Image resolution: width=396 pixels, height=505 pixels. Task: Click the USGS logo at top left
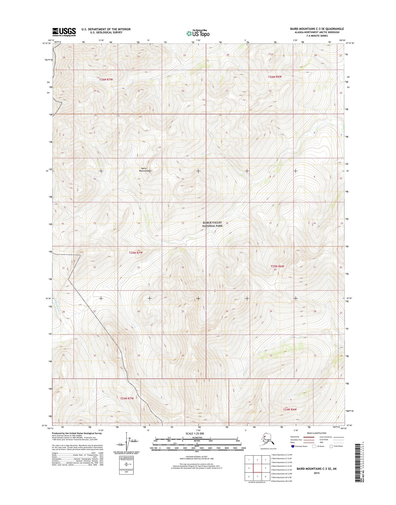tap(64, 32)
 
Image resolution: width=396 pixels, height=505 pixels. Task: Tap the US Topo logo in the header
tap(198, 33)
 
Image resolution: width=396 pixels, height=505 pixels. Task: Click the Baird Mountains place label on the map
tap(144, 169)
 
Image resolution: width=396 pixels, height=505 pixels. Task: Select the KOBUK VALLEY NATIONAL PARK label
tap(212, 224)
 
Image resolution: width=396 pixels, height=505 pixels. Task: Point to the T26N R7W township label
tap(106, 80)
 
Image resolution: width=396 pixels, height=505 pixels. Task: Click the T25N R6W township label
tap(277, 266)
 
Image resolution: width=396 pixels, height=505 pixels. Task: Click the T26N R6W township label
tap(275, 77)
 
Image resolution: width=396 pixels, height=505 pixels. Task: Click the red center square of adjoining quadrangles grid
tap(257, 468)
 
